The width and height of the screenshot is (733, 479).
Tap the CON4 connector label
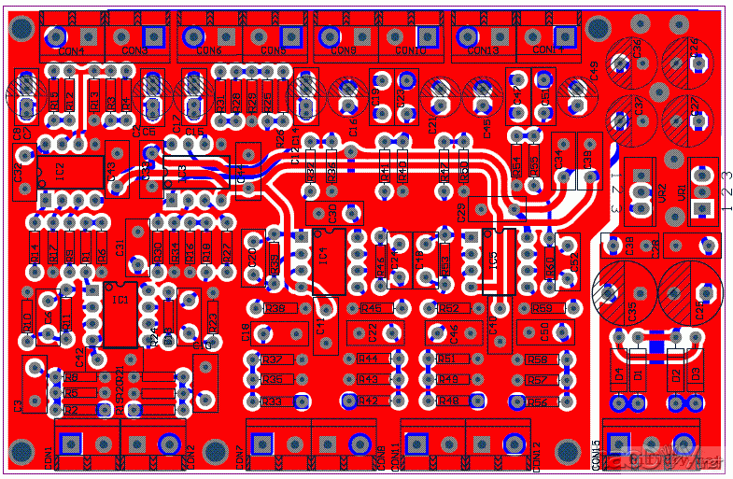(71, 51)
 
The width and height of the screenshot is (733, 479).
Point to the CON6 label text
(207, 51)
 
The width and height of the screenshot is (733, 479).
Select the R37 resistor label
(273, 359)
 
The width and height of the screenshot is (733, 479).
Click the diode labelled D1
(638, 373)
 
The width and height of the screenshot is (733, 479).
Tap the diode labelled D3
(695, 373)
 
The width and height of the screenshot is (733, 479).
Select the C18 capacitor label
(246, 331)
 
